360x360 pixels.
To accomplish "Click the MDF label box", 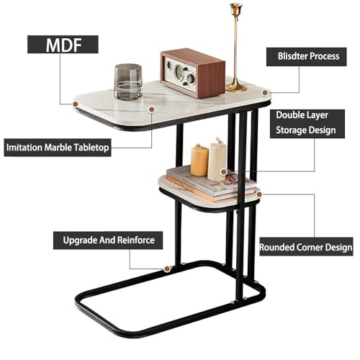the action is point(63,45).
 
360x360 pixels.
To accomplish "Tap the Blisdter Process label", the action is point(307,57).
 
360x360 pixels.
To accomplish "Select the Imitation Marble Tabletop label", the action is point(58,148).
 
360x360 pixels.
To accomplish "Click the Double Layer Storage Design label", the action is point(307,124).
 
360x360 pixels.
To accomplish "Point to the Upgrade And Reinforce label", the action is point(108,240).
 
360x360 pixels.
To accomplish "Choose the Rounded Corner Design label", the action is point(306,247).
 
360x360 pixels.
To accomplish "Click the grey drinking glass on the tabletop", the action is point(128,82).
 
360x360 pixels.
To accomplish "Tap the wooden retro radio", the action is point(193,73).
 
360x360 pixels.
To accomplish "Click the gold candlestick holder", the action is point(236,48).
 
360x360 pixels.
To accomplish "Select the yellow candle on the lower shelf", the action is point(199,160).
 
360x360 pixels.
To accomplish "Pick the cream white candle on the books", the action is point(217,161).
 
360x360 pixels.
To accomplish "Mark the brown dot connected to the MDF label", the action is point(76,104).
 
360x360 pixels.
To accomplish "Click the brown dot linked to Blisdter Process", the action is point(265,92).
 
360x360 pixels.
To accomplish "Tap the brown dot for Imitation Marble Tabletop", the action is point(151,109).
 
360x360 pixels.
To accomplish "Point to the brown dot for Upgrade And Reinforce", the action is point(166,269).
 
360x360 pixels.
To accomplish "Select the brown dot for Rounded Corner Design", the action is point(258,194).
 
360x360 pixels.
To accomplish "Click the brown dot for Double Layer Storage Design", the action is point(224,171).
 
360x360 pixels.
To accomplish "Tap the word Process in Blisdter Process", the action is point(324,56).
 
